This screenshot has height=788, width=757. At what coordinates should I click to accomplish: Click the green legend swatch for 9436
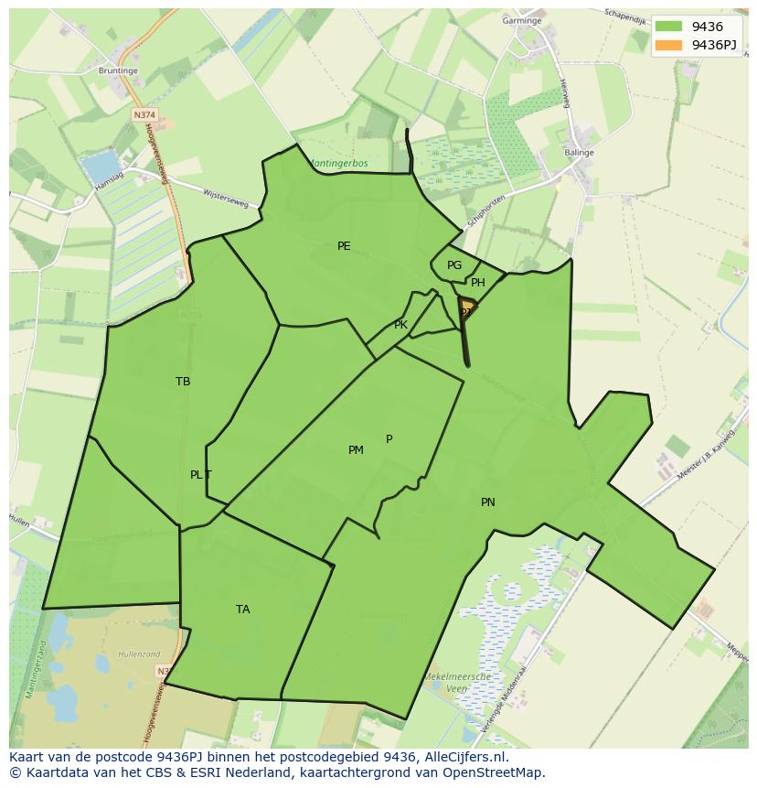pyautogui.click(x=668, y=27)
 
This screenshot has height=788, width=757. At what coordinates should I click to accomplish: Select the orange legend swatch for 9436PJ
pyautogui.click(x=668, y=45)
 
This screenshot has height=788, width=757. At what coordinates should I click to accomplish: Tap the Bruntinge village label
pyautogui.click(x=118, y=70)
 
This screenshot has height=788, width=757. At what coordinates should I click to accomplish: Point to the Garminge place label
pyautogui.click(x=522, y=20)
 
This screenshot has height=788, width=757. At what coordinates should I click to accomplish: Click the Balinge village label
pyautogui.click(x=580, y=153)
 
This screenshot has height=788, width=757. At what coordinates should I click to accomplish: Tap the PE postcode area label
pyautogui.click(x=344, y=245)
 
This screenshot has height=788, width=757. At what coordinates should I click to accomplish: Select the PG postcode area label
pyautogui.click(x=454, y=265)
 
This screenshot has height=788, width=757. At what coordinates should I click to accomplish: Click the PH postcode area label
pyautogui.click(x=478, y=283)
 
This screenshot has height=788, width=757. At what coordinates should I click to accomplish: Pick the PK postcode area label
pyautogui.click(x=400, y=325)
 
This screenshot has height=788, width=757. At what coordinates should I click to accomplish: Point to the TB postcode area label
pyautogui.click(x=183, y=382)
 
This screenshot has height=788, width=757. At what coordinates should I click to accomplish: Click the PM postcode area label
pyautogui.click(x=356, y=449)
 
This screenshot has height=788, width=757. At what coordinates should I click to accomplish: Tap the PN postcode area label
pyautogui.click(x=488, y=502)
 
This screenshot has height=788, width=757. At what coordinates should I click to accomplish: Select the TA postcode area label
pyautogui.click(x=242, y=610)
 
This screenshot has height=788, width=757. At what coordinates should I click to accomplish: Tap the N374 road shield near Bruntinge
pyautogui.click(x=144, y=115)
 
